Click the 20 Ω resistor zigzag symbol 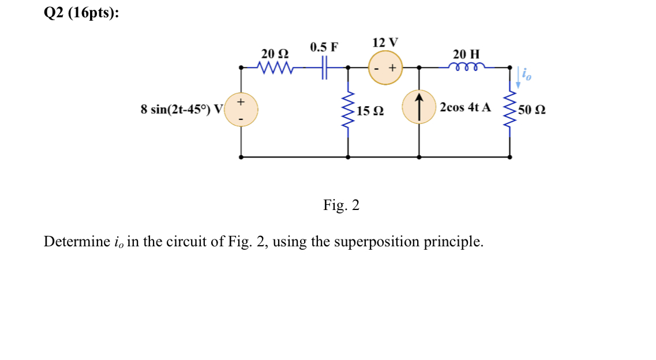click(275, 68)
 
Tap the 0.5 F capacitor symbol click(325, 68)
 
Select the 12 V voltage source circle click(385, 68)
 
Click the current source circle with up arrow click(419, 107)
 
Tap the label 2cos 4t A click(465, 107)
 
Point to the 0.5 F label click(324, 47)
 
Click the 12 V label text click(385, 43)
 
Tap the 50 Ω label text click(532, 110)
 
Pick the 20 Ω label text click(275, 54)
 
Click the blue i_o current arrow click(519, 78)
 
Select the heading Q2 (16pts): click(81, 14)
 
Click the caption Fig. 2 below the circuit click(341, 205)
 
